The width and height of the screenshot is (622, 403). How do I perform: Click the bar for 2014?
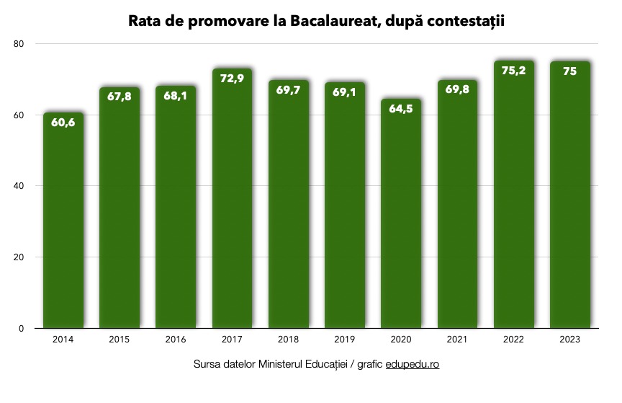pyautogui.click(x=63, y=223)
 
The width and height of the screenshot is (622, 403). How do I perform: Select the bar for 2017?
pyautogui.click(x=232, y=202)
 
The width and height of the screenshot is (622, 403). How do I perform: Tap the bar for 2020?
pyautogui.click(x=401, y=216)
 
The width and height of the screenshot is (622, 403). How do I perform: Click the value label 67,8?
pyautogui.click(x=120, y=97)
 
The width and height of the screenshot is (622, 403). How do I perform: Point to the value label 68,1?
pyautogui.click(x=176, y=96)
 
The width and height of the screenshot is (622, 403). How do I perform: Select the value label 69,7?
pyautogui.click(x=288, y=90)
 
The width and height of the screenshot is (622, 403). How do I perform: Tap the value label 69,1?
pyautogui.click(x=344, y=92)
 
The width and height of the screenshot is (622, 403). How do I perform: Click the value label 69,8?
pyautogui.click(x=457, y=90)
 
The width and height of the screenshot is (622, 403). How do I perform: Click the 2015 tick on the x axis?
pyautogui.click(x=120, y=338)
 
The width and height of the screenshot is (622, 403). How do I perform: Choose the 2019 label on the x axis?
pyautogui.click(x=344, y=338)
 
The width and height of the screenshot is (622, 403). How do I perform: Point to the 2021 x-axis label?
pyautogui.click(x=457, y=338)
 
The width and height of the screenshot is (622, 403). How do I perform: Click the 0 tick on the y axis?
pyautogui.click(x=22, y=329)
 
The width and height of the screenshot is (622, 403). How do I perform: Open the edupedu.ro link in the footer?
pyautogui.click(x=412, y=364)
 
